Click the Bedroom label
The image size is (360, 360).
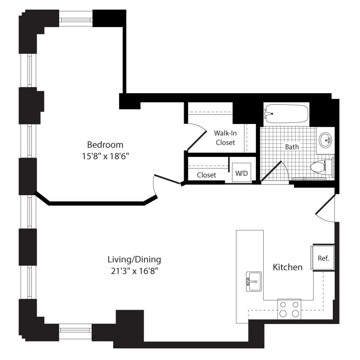click(x=105, y=145)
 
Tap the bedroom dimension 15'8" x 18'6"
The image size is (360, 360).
click(x=105, y=156)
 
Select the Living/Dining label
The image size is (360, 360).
click(x=134, y=260)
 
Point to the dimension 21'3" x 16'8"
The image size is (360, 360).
click(x=134, y=271)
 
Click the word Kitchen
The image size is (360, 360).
click(x=288, y=267)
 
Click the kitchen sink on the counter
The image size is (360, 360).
click(x=254, y=282)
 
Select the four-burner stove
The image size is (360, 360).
click(x=289, y=309)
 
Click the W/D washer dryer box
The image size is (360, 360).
click(x=242, y=172)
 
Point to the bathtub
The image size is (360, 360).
click(x=286, y=114)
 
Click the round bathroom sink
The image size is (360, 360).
click(x=325, y=140)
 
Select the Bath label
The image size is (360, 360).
click(x=292, y=147)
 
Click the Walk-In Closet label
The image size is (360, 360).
click(x=225, y=138)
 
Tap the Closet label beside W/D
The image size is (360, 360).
click(x=206, y=175)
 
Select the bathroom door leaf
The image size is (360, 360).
click(x=271, y=171)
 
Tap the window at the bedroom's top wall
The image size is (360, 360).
click(x=76, y=20)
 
